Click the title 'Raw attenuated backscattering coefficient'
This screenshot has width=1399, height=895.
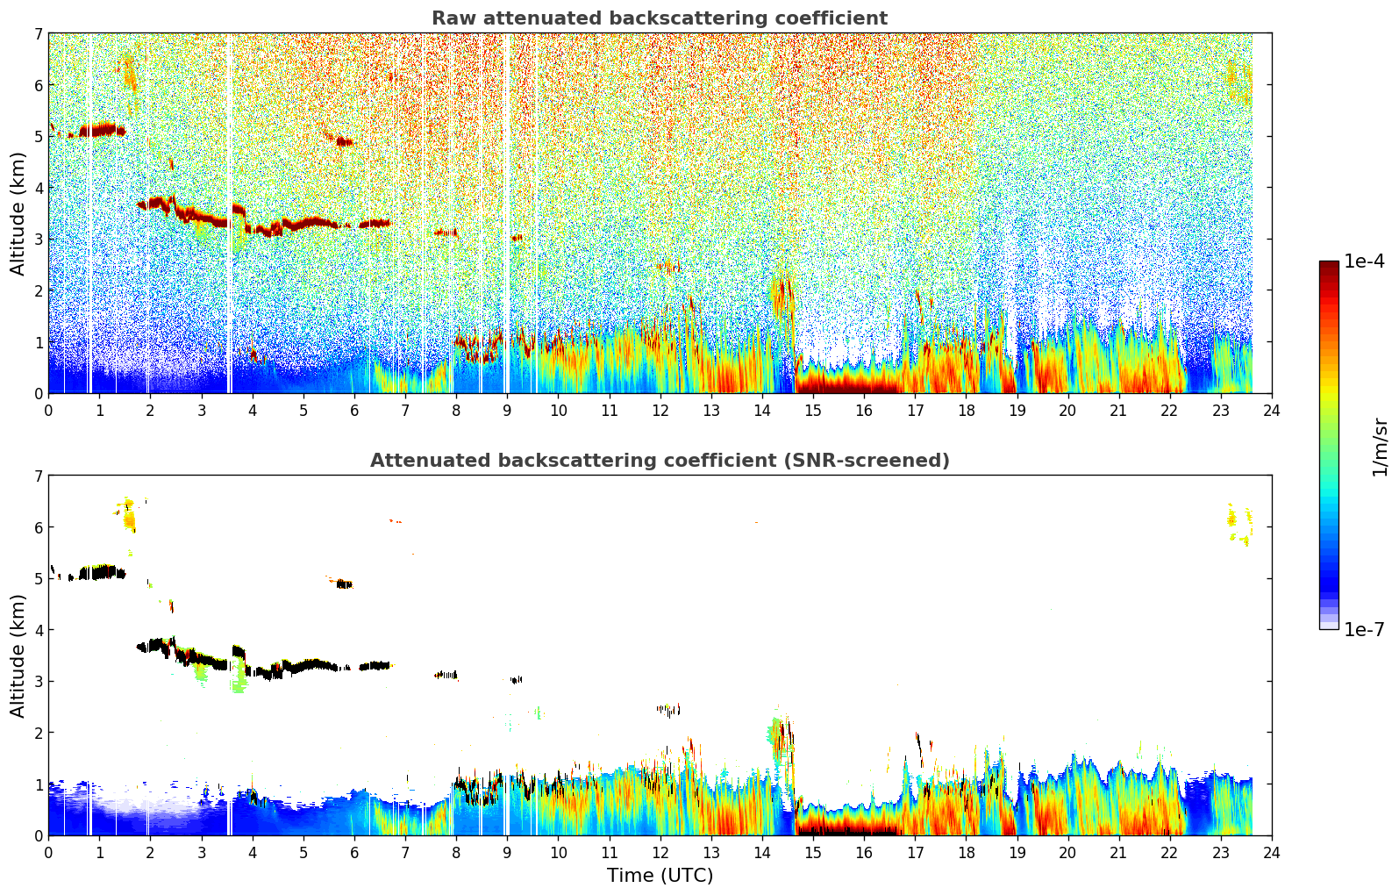click(x=659, y=18)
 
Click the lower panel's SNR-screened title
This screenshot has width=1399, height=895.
click(x=659, y=461)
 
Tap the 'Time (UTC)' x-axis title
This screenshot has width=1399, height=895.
click(x=660, y=876)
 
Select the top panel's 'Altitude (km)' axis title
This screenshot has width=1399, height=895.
click(x=18, y=213)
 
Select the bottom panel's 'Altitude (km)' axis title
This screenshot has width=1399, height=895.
click(x=18, y=655)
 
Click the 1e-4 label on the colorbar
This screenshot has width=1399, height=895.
click(x=1364, y=261)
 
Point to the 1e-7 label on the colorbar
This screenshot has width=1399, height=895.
click(x=1364, y=630)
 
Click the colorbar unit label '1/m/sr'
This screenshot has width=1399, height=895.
click(x=1380, y=447)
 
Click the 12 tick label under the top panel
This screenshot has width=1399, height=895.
click(x=660, y=411)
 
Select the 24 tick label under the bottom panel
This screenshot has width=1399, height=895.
click(x=1272, y=853)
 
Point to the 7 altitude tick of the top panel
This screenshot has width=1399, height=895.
click(x=38, y=33)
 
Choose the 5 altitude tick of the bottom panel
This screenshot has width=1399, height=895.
click(x=38, y=579)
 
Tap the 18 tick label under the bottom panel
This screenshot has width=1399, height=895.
click(x=966, y=853)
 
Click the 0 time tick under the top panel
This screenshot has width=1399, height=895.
click(x=48, y=411)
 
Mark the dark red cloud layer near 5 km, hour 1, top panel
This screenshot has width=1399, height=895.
click(x=101, y=130)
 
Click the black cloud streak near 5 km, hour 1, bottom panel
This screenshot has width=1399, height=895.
click(x=101, y=573)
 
